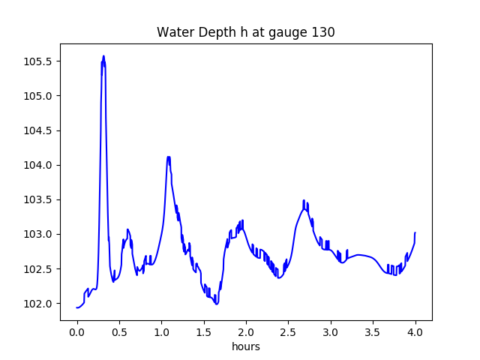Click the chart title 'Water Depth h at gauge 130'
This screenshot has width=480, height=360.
pyautogui.click(x=245, y=32)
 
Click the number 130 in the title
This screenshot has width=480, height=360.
pyautogui.click(x=324, y=32)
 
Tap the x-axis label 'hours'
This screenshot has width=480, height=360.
pyautogui.click(x=246, y=346)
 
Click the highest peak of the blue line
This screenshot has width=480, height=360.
pyautogui.click(x=103, y=56)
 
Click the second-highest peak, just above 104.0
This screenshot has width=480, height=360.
pyautogui.click(x=169, y=157)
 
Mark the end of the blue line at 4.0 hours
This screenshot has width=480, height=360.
pyautogui.click(x=415, y=232)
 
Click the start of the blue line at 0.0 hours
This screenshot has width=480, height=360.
pyautogui.click(x=77, y=307)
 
